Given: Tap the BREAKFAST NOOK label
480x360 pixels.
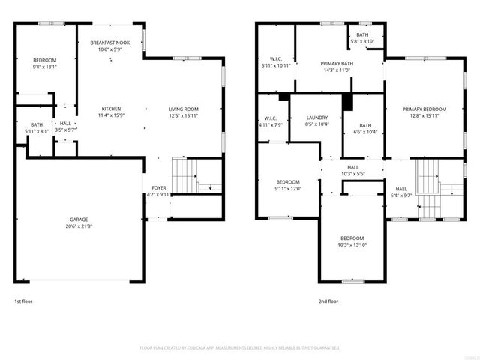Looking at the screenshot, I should (x=110, y=43).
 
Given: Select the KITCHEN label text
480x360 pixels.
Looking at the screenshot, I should (x=111, y=109).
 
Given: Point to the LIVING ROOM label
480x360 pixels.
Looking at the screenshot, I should (x=183, y=109).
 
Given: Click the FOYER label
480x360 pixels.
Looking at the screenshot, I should (x=159, y=188).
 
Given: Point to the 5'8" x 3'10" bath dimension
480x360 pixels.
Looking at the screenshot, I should (x=362, y=41).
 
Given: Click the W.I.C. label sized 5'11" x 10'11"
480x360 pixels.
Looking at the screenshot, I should (x=275, y=58).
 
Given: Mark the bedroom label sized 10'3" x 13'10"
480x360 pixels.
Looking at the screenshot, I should (x=352, y=238).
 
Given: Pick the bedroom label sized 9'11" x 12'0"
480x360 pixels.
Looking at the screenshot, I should (x=288, y=182).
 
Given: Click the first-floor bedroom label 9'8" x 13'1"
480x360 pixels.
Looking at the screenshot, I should (x=44, y=59).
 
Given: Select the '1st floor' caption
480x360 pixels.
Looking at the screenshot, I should (x=23, y=301).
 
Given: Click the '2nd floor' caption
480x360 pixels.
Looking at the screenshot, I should (x=328, y=301).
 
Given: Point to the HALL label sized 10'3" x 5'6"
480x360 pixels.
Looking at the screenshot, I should (x=352, y=168).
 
